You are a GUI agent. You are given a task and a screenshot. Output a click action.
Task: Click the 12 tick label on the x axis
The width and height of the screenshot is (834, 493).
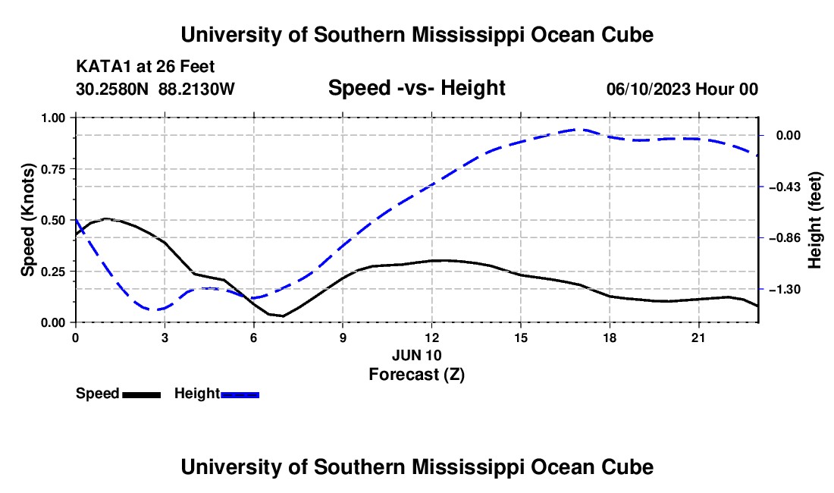(432, 338)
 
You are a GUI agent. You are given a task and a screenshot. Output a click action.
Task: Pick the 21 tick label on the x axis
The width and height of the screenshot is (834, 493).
(698, 338)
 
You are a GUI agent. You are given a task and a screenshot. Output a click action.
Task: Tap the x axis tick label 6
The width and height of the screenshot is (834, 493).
(254, 338)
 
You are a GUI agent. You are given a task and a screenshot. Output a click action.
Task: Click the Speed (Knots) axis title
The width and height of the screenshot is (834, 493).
(27, 220)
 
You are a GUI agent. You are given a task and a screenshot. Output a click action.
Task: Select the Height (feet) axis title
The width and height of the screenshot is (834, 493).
(815, 220)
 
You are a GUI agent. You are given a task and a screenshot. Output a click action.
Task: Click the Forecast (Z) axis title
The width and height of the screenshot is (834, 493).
(417, 375)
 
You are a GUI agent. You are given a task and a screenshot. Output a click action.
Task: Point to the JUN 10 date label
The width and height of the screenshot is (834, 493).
(417, 355)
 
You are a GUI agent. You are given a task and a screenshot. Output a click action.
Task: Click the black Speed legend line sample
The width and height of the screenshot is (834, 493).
(142, 394)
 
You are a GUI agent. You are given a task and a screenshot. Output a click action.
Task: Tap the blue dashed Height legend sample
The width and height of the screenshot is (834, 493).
(240, 394)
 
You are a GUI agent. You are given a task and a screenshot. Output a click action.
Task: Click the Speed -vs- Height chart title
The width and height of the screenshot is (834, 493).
(416, 88)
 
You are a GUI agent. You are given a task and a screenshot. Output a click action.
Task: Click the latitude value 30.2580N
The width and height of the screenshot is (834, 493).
(112, 89)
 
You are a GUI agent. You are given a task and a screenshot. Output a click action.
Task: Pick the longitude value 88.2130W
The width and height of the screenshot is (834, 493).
(196, 89)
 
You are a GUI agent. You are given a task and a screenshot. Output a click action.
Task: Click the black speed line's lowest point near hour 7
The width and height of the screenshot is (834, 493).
(283, 316)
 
